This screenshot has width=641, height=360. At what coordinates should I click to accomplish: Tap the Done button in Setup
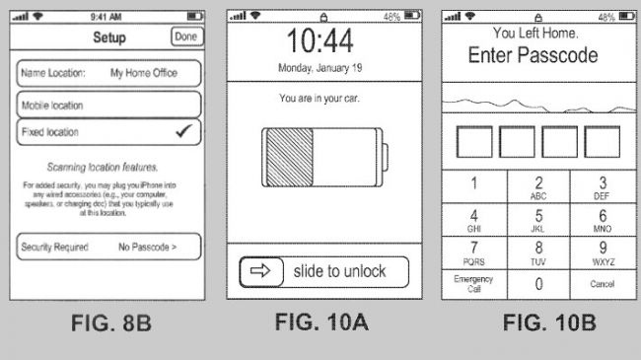coord(186,36)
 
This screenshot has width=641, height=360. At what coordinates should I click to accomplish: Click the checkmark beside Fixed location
coord(183,131)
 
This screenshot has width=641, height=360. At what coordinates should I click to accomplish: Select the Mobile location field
coord(108,105)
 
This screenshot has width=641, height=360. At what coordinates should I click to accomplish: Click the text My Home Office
coord(144,73)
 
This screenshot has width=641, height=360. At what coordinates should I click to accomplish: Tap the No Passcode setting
coord(147,247)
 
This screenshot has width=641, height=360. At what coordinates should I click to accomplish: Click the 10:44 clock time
coord(320,40)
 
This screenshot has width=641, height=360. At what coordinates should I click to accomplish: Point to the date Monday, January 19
coord(320,67)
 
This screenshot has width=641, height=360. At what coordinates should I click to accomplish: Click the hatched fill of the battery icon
coord(289,158)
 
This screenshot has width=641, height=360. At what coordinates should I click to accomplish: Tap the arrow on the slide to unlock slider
coord(260,270)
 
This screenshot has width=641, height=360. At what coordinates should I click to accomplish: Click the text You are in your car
coord(320,99)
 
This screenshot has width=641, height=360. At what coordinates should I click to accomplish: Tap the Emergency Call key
coord(473,284)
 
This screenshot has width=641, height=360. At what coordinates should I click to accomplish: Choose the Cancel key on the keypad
coord(603,284)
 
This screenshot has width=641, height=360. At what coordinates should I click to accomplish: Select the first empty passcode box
coord(474,142)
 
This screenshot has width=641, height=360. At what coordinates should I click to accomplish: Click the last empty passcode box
coord(603,142)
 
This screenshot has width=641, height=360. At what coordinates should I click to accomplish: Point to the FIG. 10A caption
coord(321,322)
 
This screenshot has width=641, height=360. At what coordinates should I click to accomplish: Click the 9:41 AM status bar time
coord(106,17)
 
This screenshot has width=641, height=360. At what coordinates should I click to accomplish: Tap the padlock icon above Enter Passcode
coord(538,17)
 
